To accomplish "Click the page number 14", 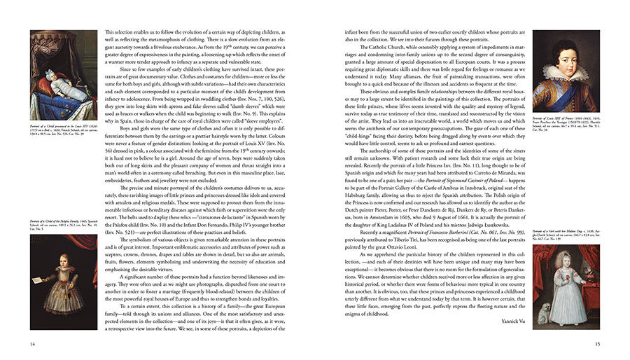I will (x=33, y=343).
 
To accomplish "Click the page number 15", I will (x=597, y=343).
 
